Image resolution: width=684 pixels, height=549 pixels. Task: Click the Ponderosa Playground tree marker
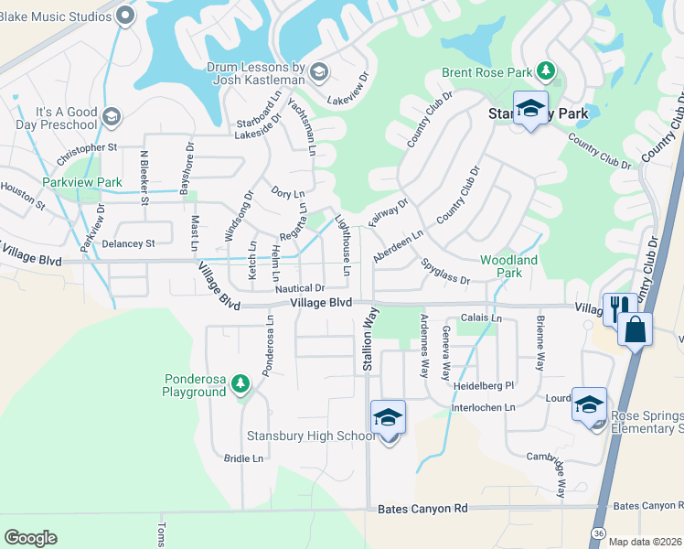(x=240, y=383)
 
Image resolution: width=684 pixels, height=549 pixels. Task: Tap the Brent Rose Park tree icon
(x=546, y=70)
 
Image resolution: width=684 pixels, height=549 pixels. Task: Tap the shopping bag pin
(x=635, y=328)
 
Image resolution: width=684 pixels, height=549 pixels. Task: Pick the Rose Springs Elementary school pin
(x=589, y=404)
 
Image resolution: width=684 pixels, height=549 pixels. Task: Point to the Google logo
(x=30, y=538)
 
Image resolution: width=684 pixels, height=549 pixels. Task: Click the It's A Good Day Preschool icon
(x=112, y=116)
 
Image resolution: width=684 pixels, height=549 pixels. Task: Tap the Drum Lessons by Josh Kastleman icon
(x=319, y=71)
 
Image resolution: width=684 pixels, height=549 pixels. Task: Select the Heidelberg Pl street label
(x=486, y=386)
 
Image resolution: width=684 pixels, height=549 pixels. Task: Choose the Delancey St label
(x=128, y=243)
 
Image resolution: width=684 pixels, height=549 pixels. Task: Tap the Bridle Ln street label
(x=244, y=457)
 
